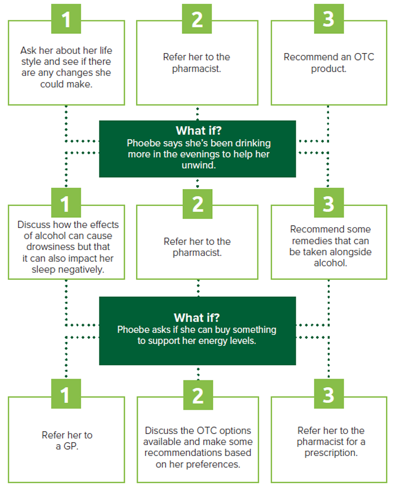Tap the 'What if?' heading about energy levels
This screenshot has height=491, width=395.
pos(197,318)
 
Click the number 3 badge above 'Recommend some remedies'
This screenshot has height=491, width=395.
pos(328,203)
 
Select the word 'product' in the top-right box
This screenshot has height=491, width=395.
pos(328,69)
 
